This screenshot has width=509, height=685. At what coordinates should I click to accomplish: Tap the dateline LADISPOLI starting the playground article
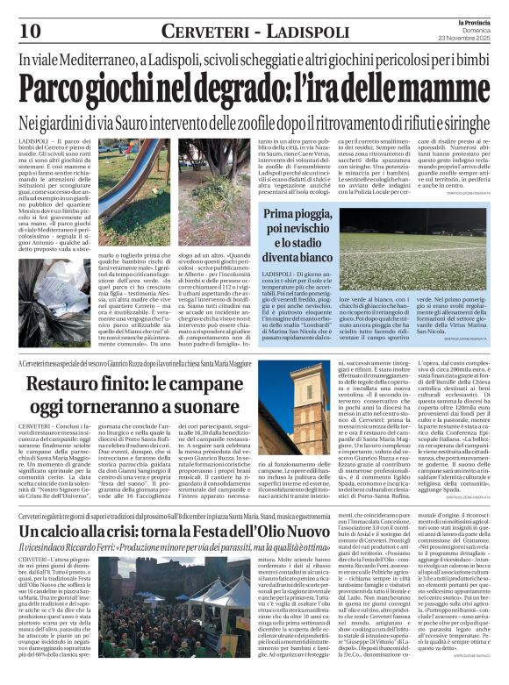(35, 141)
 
